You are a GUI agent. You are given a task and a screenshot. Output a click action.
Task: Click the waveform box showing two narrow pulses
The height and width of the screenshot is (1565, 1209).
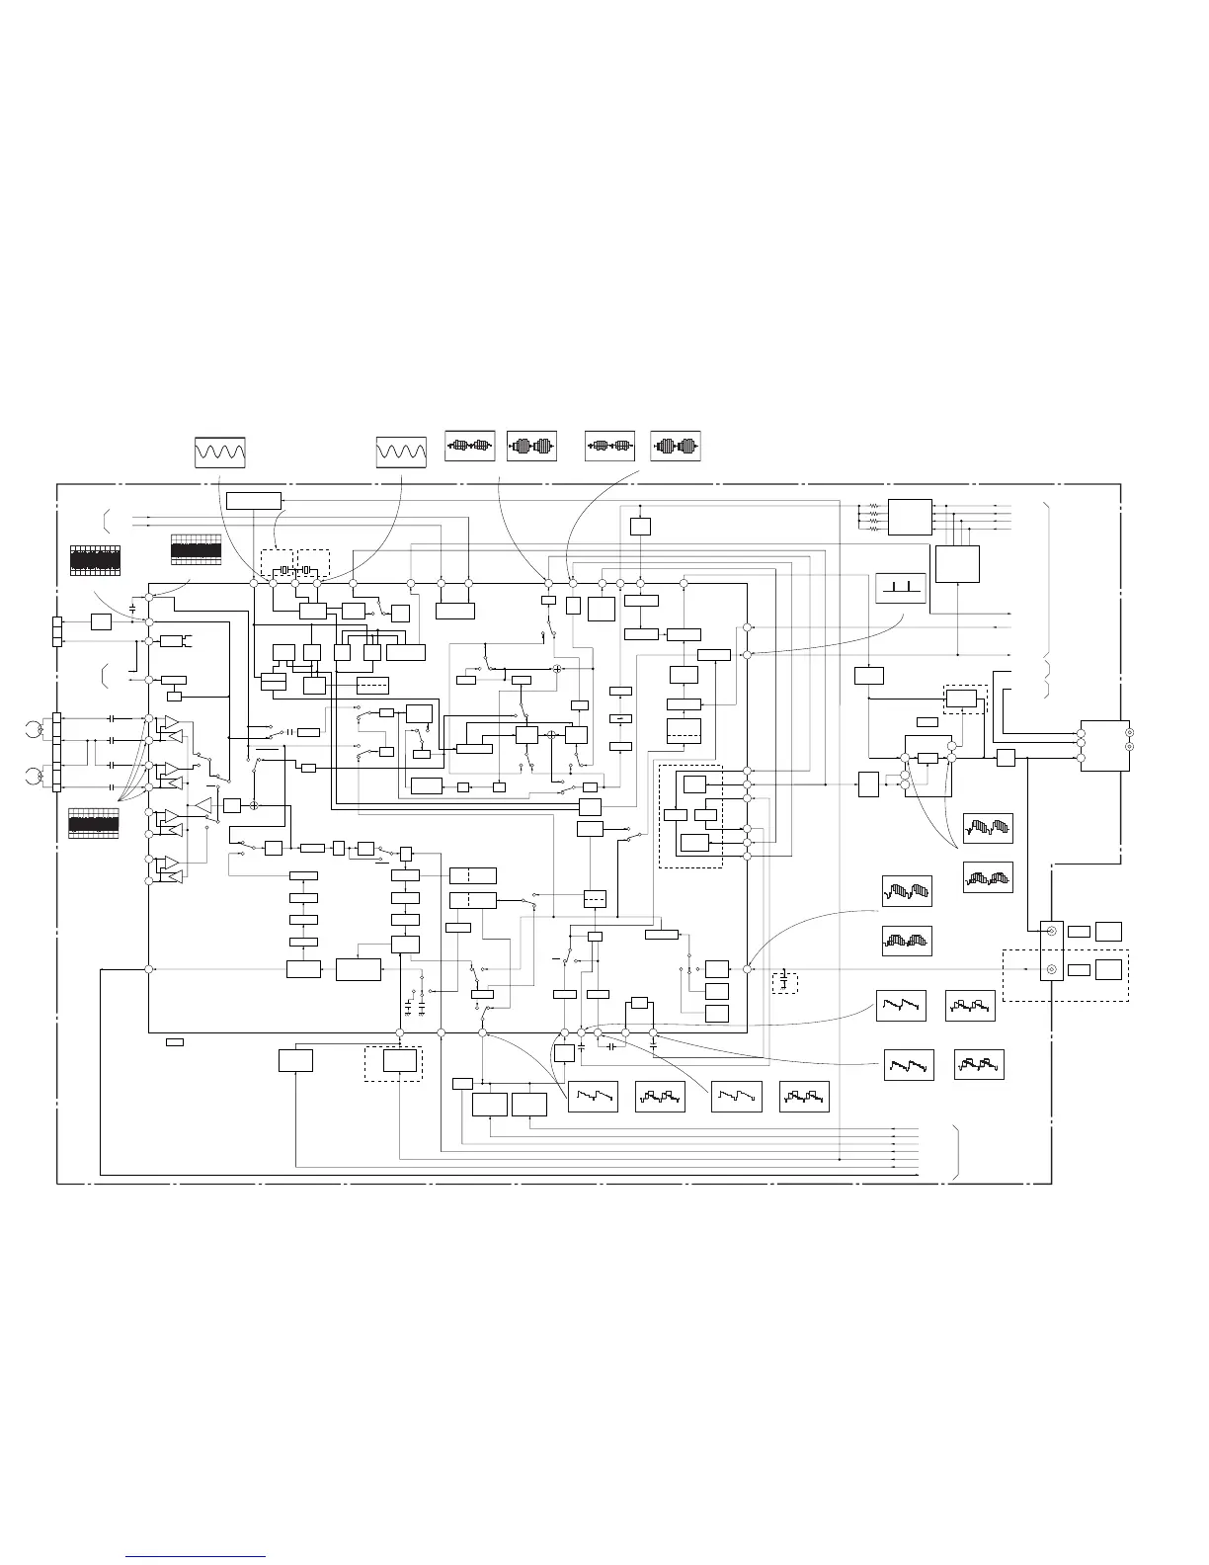click(x=901, y=589)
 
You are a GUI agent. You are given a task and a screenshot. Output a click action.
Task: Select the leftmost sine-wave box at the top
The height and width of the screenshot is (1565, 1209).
click(x=219, y=452)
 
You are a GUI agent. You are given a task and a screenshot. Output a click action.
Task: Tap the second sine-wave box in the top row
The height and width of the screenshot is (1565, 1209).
click(x=401, y=452)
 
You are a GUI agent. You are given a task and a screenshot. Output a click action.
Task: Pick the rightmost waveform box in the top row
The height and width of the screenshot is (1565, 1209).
click(x=676, y=447)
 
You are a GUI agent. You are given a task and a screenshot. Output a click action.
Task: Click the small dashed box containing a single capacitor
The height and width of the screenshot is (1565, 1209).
click(x=784, y=982)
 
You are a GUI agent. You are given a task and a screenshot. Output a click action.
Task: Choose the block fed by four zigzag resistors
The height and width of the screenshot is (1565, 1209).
click(x=910, y=517)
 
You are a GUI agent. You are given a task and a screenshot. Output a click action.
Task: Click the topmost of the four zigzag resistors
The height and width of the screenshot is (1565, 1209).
click(x=872, y=506)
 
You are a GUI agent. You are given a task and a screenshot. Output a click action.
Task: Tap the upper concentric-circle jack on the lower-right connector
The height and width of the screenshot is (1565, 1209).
click(x=1051, y=932)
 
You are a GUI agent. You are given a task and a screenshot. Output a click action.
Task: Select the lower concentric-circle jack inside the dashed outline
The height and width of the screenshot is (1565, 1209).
click(x=1051, y=969)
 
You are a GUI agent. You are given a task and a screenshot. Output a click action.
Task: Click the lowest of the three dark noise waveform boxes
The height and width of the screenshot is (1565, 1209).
click(x=94, y=824)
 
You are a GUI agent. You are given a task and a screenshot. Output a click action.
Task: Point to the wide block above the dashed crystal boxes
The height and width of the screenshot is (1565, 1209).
click(x=254, y=500)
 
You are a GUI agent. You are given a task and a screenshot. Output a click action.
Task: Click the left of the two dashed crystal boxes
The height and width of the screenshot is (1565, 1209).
click(x=277, y=563)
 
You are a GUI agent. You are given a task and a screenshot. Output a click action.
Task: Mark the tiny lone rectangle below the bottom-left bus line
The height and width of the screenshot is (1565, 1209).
click(x=174, y=1041)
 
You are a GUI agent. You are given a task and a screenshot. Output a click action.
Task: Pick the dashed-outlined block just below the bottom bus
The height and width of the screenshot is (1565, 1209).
click(x=393, y=1062)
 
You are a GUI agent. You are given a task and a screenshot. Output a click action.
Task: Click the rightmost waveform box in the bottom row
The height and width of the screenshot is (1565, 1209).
click(x=804, y=1097)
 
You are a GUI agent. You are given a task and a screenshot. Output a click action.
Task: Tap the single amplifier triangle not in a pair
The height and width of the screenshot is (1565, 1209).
click(x=202, y=805)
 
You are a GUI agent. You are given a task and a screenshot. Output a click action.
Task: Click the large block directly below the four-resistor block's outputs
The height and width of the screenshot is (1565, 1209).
click(x=958, y=563)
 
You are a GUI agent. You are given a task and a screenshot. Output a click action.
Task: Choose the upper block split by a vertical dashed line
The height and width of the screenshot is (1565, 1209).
click(x=472, y=875)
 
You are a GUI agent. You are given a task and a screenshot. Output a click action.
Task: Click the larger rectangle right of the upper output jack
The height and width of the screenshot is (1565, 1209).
click(x=1109, y=931)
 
